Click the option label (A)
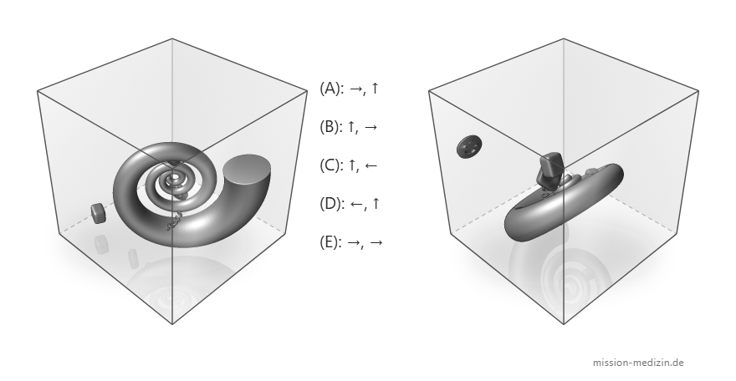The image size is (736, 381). (330, 88)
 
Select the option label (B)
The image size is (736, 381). (330, 126)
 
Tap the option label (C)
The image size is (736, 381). (330, 165)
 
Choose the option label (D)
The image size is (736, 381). (330, 203)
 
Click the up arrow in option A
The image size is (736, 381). (374, 88)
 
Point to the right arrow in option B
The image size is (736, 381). (371, 127)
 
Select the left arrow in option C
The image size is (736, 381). (371, 165)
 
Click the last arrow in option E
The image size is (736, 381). (376, 242)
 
